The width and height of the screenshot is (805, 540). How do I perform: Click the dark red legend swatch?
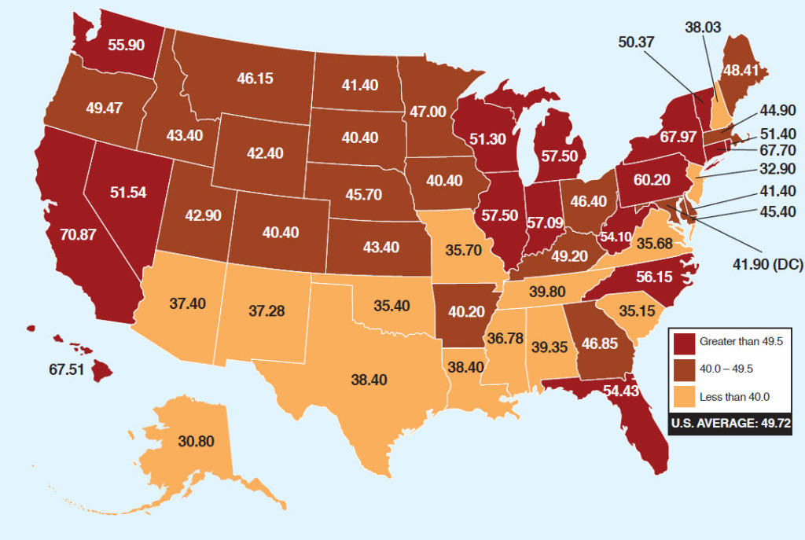coord(684,342)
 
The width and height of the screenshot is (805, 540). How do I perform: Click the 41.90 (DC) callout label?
coord(766,265)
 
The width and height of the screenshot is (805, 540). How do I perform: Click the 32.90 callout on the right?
coord(777,169)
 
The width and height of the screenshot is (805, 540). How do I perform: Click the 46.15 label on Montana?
coord(255,79)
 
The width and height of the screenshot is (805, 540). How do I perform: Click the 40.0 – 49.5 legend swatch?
coord(684,370)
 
